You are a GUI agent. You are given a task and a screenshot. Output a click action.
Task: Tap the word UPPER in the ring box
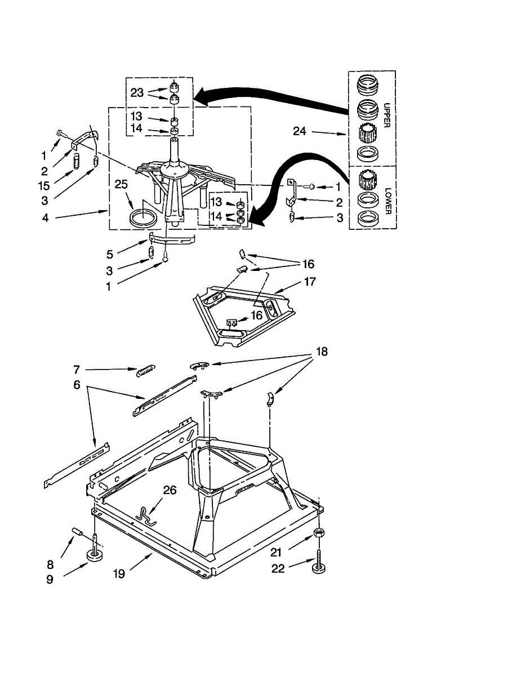pos(387,115)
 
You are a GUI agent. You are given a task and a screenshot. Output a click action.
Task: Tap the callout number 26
pos(170,491)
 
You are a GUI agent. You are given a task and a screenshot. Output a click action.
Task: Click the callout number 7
pos(77,370)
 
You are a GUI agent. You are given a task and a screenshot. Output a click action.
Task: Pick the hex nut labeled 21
pos(318,532)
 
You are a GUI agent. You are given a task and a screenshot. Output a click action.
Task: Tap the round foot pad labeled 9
pos(94,557)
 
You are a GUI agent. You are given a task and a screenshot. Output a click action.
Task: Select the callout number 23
pos(137,93)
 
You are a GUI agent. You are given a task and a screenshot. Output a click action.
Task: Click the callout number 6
pos(77,385)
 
